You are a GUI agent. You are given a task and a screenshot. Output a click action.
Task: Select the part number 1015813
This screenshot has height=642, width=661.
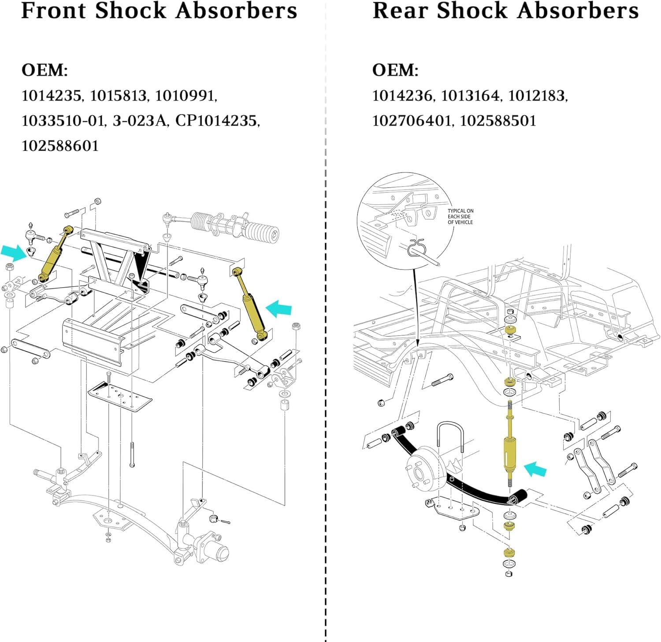click(118, 96)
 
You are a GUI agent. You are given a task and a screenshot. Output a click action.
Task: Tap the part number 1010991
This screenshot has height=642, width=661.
click(185, 96)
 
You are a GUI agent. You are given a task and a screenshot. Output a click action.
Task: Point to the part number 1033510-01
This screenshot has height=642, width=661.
click(63, 121)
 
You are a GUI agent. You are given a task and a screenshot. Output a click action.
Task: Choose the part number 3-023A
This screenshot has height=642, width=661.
click(139, 121)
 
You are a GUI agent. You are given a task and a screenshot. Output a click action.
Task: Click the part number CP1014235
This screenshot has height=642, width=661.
click(216, 121)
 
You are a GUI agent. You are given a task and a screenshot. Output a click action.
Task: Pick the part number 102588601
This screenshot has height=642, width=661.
click(60, 146)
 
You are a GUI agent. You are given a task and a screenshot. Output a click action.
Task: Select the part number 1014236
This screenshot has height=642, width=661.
click(402, 96)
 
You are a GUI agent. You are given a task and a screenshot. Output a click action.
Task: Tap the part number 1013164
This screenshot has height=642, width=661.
click(470, 96)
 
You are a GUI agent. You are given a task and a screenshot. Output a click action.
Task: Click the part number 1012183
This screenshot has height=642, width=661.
click(537, 96)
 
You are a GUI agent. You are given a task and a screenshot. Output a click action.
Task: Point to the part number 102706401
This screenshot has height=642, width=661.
click(412, 121)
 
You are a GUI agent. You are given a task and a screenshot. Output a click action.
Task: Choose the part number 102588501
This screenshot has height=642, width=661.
click(498, 121)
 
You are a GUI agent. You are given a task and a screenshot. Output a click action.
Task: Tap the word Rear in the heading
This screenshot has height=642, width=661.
click(400, 11)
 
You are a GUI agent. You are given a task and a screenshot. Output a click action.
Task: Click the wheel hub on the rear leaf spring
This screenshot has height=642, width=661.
click(422, 470)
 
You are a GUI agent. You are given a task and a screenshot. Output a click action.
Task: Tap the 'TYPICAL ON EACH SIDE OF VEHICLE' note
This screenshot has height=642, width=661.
click(460, 217)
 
